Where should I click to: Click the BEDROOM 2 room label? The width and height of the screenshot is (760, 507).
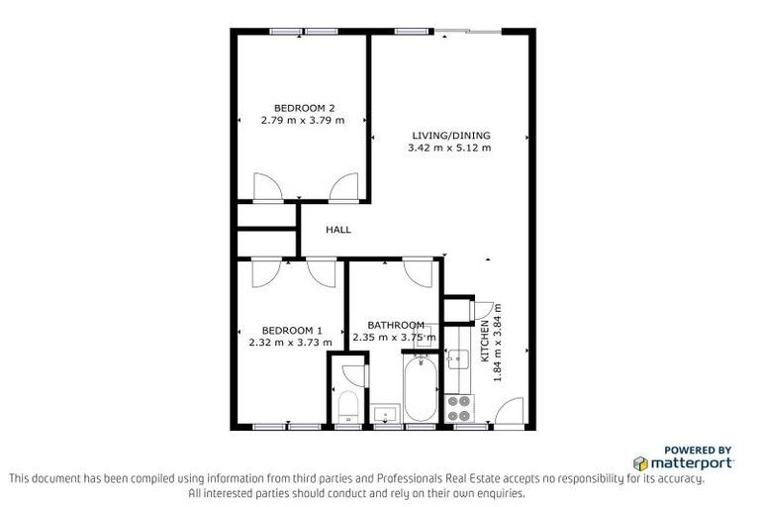[x=304, y=108]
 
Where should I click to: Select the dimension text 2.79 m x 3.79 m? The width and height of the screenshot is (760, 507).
[x=303, y=121]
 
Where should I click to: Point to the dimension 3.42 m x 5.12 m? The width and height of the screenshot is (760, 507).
[x=448, y=149]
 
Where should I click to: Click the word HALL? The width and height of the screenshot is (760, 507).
[x=338, y=230]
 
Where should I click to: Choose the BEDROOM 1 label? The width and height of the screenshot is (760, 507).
[x=292, y=330]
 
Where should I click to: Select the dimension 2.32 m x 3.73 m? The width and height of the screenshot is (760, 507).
[x=291, y=343]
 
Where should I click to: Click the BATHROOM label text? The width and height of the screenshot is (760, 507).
[x=396, y=325]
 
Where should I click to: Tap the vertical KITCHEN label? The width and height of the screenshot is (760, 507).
[x=484, y=344]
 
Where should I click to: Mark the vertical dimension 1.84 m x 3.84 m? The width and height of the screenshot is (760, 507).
[x=498, y=344]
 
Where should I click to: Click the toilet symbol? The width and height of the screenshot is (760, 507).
[x=347, y=406]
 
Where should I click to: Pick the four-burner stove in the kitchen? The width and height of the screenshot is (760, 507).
[x=460, y=409]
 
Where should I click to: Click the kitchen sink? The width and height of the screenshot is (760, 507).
[x=457, y=359]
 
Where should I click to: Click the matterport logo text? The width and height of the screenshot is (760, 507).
[x=691, y=462]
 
